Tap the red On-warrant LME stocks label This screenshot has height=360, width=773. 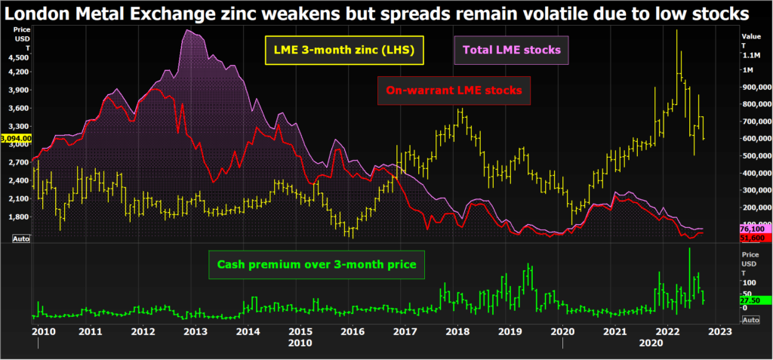454,91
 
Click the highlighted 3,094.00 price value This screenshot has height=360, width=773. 16,139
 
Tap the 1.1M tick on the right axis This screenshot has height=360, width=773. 752,55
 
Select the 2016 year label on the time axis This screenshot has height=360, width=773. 353,331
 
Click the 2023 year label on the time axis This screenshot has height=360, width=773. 720,331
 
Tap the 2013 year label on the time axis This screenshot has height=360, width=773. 196,331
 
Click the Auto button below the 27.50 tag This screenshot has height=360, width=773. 750,320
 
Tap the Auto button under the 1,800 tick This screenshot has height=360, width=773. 22,238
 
